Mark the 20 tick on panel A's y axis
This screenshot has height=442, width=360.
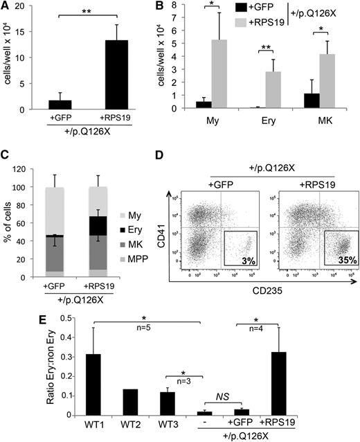pos(30,6)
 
